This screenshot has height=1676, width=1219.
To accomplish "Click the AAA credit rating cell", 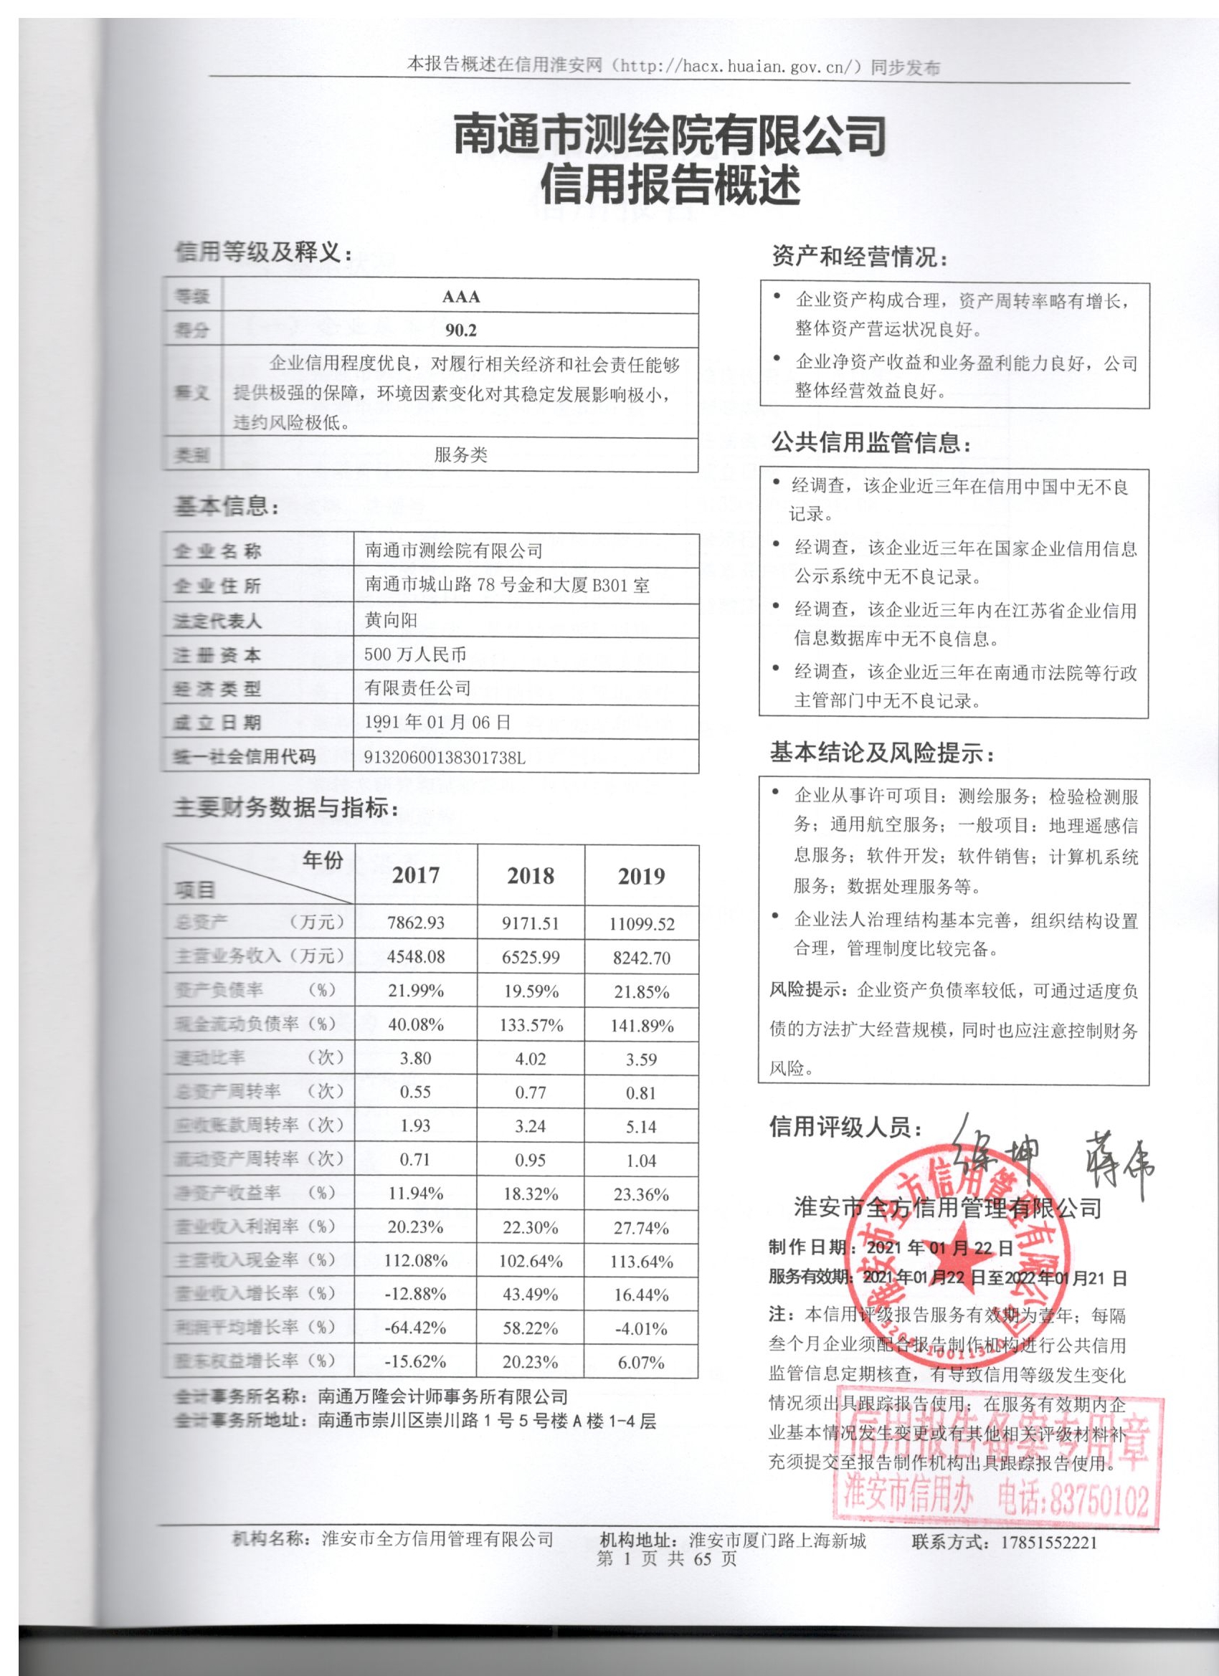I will pos(460,296).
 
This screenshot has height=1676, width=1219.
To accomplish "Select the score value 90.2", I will pos(460,330).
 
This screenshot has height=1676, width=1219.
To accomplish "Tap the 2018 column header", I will pos(530,876).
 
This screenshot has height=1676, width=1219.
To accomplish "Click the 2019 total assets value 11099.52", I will pos(641,924).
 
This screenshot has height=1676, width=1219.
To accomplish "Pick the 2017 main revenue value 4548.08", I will pos(415,956).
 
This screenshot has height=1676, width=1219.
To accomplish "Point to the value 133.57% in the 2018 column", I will pos(530,1025).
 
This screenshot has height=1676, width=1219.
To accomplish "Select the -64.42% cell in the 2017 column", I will pos(415,1327).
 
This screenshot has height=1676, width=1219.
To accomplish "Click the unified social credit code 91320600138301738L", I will pos(445,758).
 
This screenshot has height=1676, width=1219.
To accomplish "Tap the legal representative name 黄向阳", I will pos(391,620).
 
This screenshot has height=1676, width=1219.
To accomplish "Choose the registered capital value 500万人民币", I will pos(415,654).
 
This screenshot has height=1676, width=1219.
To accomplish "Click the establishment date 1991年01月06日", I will pos(437,722).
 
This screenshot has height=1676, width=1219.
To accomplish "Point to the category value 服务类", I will pos(460,454).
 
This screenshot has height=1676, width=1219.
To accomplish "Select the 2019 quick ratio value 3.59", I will pos(641,1059).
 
